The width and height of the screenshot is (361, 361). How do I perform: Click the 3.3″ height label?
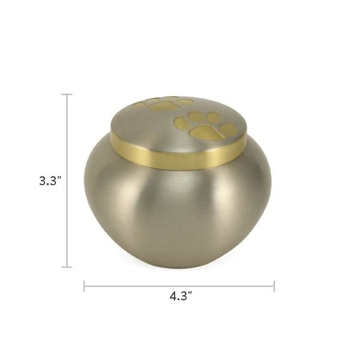[x=50, y=181]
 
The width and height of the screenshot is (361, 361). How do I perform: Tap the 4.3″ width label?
[x=180, y=296]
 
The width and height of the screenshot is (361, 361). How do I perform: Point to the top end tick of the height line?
[x=67, y=94]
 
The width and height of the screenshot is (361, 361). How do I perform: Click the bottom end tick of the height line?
[x=67, y=267]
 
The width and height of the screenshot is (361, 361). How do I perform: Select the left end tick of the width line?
[x=84, y=286]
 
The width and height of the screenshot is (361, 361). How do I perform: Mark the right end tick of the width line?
[x=274, y=286]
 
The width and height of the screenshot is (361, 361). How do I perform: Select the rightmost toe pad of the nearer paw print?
[x=227, y=129]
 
